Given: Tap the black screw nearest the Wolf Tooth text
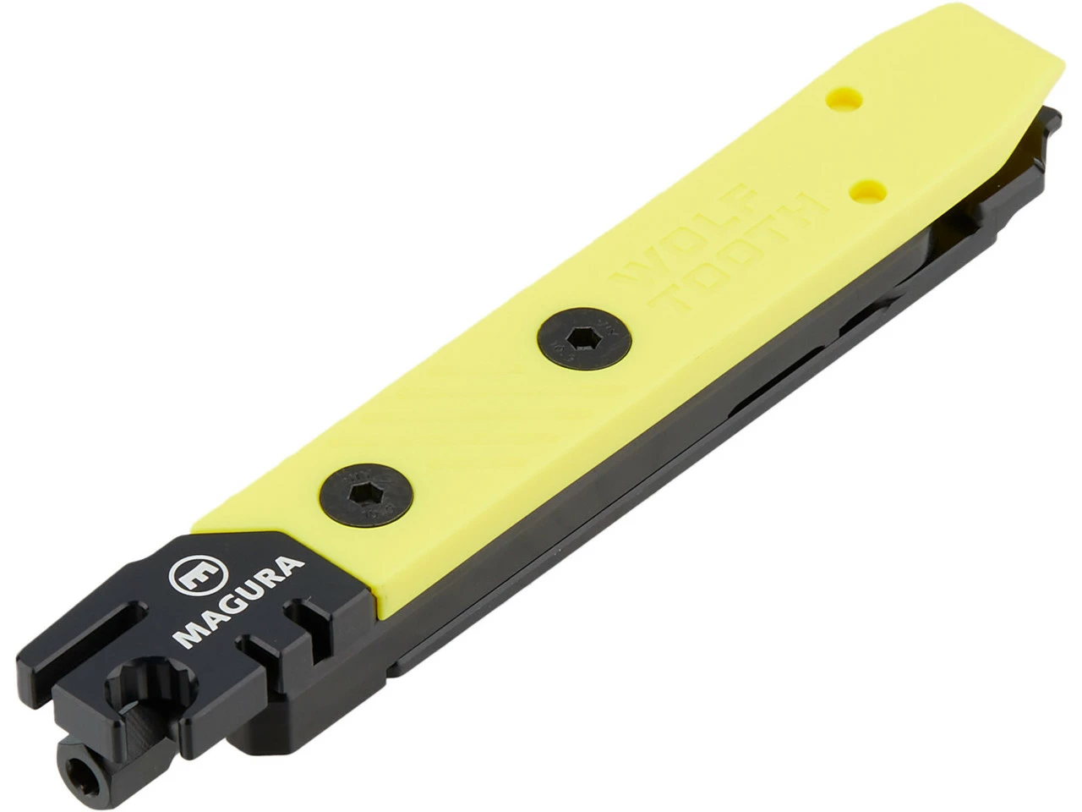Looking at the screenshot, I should tap(576, 338).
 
